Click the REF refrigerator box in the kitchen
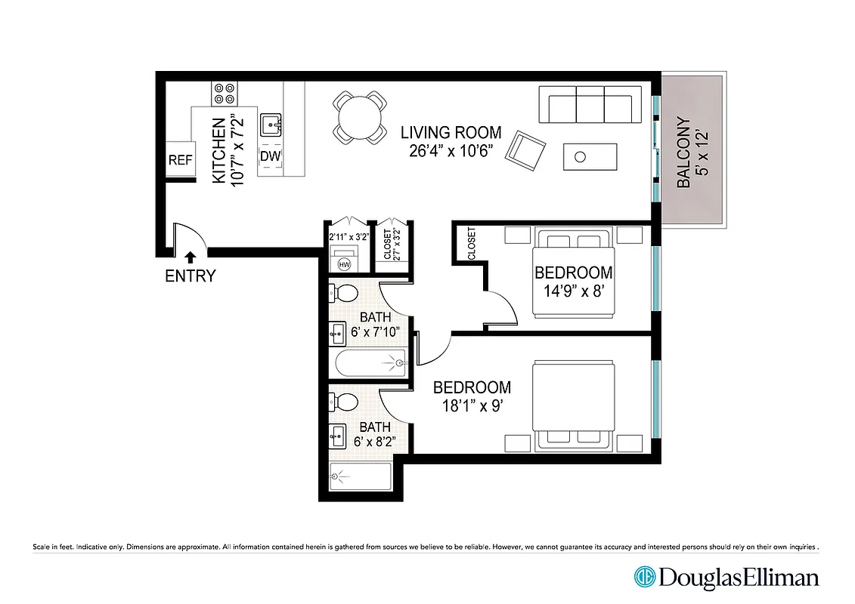(x=178, y=160)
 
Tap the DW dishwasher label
(x=270, y=156)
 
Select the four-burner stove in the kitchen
(x=225, y=93)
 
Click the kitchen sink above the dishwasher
(x=270, y=123)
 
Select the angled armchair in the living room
(x=526, y=149)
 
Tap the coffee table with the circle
(x=590, y=156)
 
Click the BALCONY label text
(x=684, y=152)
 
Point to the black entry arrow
(x=190, y=258)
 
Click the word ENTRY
(x=190, y=276)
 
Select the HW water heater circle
(x=344, y=264)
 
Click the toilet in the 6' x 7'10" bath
(x=344, y=293)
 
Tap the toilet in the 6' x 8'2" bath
(x=344, y=400)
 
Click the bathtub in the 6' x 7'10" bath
(x=370, y=364)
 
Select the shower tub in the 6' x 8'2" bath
(x=361, y=477)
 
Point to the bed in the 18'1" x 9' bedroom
(x=573, y=406)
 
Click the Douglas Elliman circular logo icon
(x=645, y=578)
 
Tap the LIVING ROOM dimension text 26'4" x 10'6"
(x=452, y=150)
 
